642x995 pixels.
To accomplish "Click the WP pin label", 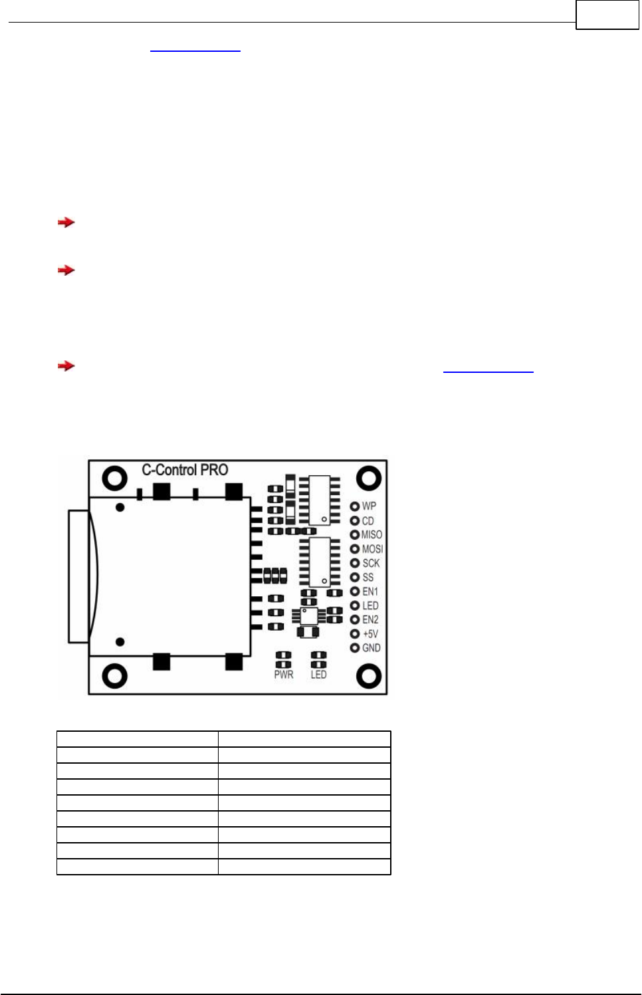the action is [369, 506].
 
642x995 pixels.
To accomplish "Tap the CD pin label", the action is [368, 521].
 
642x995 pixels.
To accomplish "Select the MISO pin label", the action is [372, 535].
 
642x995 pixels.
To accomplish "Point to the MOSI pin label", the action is [372, 549].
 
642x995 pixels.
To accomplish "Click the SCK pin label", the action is [371, 563].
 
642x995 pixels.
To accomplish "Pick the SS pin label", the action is [368, 578].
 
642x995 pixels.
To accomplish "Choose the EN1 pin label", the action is [370, 592].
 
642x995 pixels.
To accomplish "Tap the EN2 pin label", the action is [370, 619].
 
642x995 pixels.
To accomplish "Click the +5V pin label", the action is [370, 634].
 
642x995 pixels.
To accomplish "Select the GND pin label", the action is [371, 648].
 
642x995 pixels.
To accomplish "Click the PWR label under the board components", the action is [284, 675].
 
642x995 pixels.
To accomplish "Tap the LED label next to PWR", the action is [318, 675].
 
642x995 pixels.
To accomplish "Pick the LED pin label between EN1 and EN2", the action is [370, 606].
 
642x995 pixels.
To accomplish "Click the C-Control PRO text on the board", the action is [185, 470].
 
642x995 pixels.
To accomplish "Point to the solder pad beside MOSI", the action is [355, 549].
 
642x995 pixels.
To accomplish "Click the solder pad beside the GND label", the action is [355, 648].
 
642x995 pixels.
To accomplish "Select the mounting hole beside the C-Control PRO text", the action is [114, 478].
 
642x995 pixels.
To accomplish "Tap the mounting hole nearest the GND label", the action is [369, 677].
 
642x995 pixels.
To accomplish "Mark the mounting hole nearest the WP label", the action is [369, 478].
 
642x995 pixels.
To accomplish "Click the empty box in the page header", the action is [607, 15].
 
